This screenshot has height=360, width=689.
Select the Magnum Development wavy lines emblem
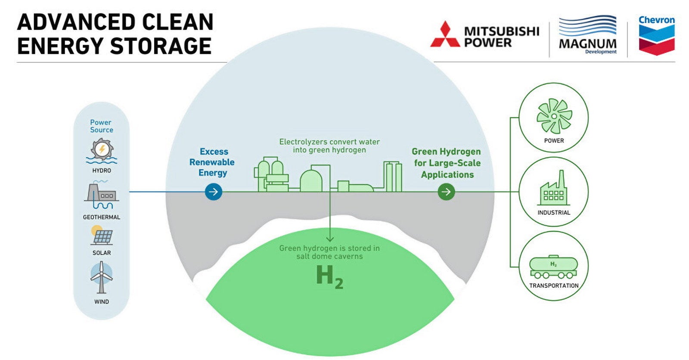[x=587, y=26]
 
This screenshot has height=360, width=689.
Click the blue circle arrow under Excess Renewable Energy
[x=214, y=192]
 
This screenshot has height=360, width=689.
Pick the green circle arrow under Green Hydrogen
[x=446, y=192]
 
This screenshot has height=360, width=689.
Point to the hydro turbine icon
[x=102, y=151]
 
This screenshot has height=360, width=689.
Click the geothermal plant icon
[x=102, y=196]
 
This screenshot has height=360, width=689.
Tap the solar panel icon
[x=102, y=236]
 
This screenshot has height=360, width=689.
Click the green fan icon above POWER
[x=554, y=116]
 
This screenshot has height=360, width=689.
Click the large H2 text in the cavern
[x=329, y=276]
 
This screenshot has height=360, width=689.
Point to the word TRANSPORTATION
[x=554, y=286]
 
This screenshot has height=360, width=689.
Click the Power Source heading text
[x=102, y=126]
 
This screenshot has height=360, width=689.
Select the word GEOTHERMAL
[x=102, y=217]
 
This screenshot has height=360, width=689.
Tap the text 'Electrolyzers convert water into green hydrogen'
[x=329, y=146]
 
